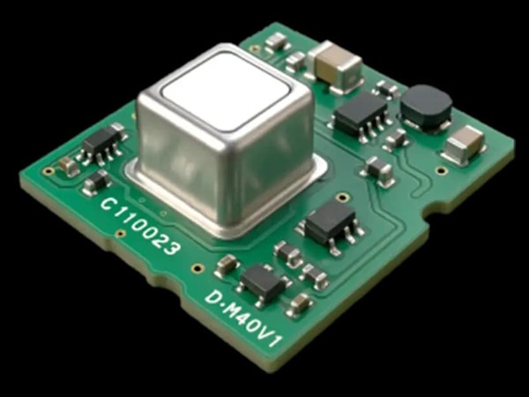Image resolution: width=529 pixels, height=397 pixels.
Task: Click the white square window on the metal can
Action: pyautogui.click(x=226, y=92)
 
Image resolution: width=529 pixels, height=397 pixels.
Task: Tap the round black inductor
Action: pyautogui.click(x=427, y=105)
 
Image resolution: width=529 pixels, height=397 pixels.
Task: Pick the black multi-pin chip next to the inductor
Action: pyautogui.click(x=361, y=114)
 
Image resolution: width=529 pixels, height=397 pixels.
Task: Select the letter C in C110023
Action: pyautogui.click(x=108, y=203)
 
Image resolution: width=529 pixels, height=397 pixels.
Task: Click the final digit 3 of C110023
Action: pyautogui.click(x=172, y=249)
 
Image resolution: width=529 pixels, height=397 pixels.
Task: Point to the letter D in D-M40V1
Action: pyautogui.click(x=213, y=297)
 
